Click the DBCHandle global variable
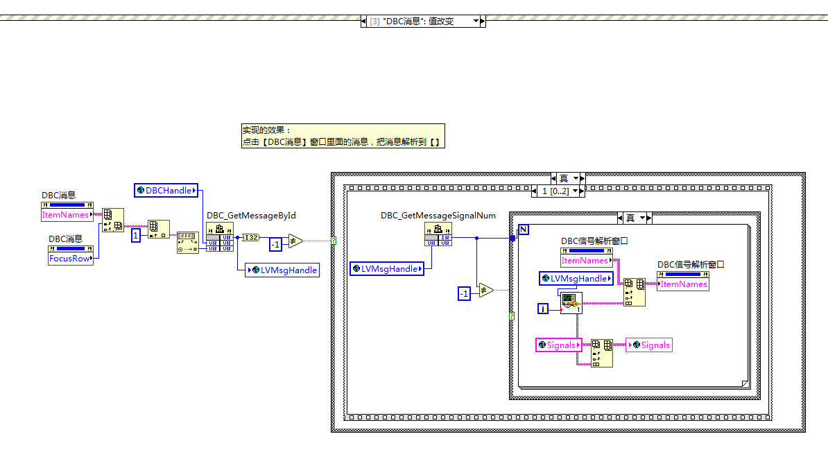pyautogui.click(x=166, y=190)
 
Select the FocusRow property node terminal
pyautogui.click(x=70, y=258)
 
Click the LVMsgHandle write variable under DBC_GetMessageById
pyautogui.click(x=283, y=270)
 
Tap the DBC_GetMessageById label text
pyautogui.click(x=251, y=216)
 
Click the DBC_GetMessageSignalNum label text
pyautogui.click(x=438, y=216)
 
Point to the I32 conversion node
pyautogui.click(x=250, y=237)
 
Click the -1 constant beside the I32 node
pyautogui.click(x=275, y=244)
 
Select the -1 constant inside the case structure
pyautogui.click(x=465, y=293)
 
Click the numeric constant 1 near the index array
pyautogui.click(x=136, y=236)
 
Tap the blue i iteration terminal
pyautogui.click(x=544, y=309)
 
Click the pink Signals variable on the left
pyautogui.click(x=558, y=345)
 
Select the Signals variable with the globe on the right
pyautogui.click(x=649, y=345)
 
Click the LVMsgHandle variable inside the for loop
pyautogui.click(x=577, y=278)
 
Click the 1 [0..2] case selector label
pyautogui.click(x=555, y=191)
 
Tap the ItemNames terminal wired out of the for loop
pyautogui.click(x=683, y=284)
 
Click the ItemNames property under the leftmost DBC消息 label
pyautogui.click(x=67, y=215)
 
